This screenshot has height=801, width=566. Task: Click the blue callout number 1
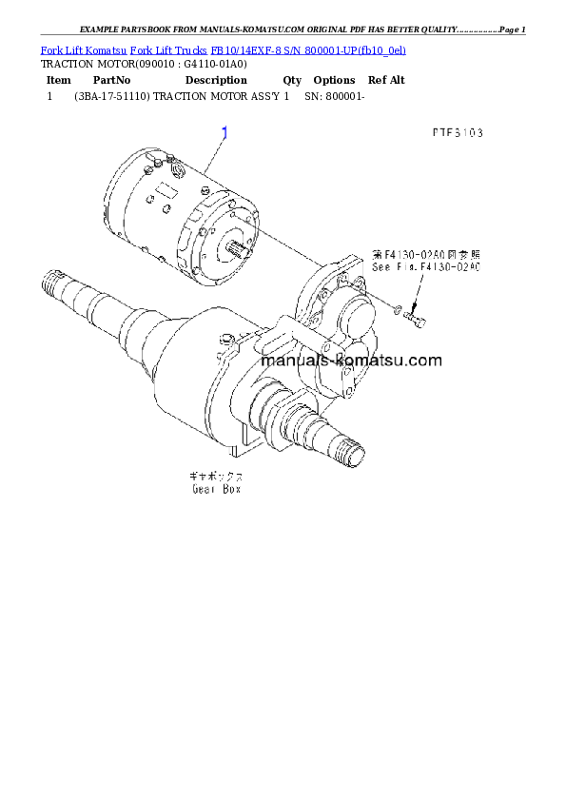[224, 133]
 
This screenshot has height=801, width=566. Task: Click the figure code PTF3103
[456, 132]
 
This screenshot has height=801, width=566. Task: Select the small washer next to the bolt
[397, 308]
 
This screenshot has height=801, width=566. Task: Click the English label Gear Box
[217, 489]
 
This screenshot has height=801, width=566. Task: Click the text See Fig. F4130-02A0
[427, 269]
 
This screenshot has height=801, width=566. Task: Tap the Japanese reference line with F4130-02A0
[427, 256]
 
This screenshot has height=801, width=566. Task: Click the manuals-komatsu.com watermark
[351, 361]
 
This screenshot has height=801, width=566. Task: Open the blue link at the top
[224, 49]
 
